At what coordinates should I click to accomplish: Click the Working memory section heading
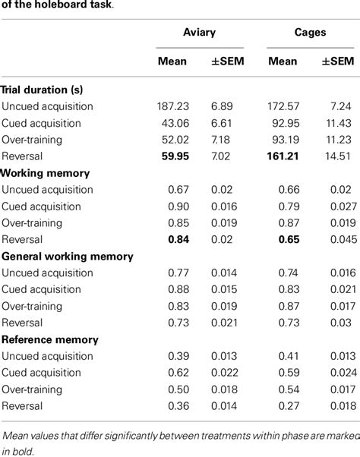coord(46,174)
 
